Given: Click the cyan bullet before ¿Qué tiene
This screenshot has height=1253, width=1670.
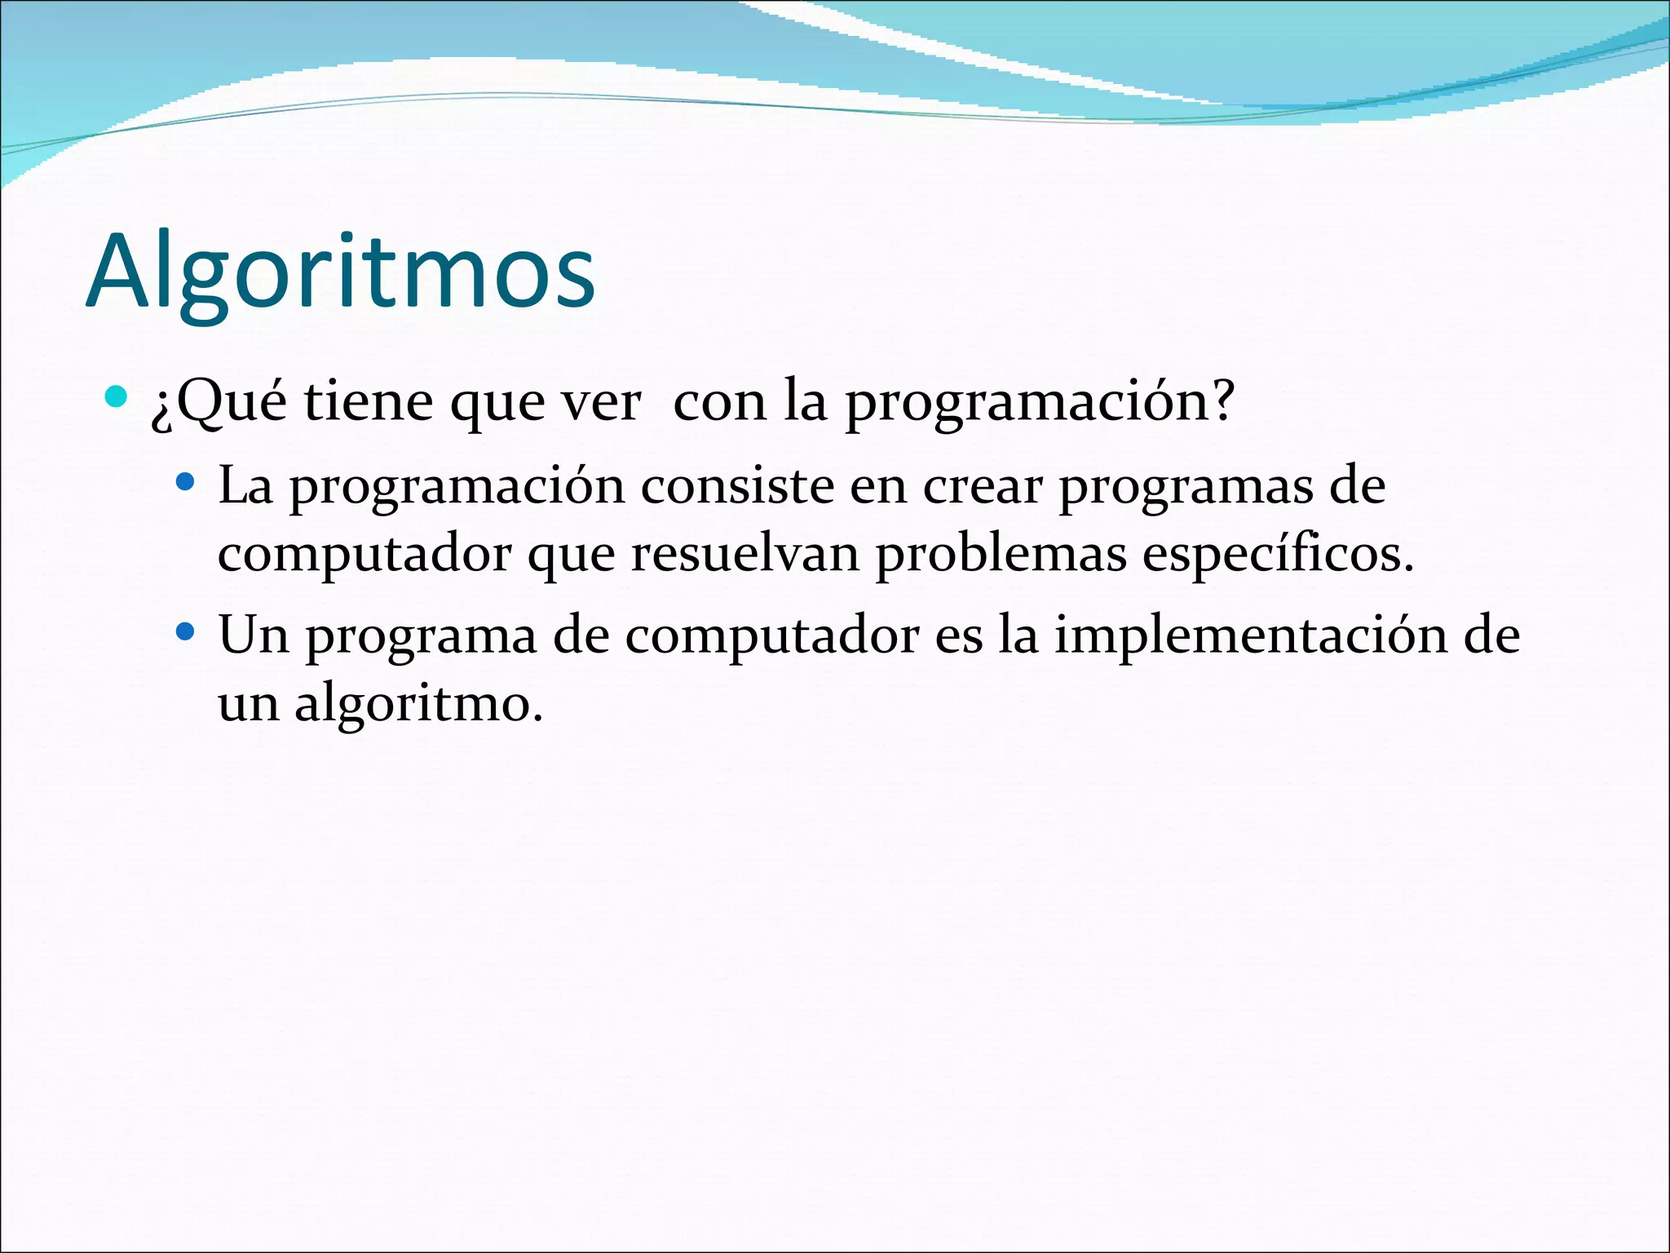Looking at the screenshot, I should point(117,397).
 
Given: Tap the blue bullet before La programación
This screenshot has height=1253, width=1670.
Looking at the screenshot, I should point(186,482).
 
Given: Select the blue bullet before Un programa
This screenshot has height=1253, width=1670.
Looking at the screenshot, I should point(186,631).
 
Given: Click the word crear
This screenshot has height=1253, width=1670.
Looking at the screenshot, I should point(983,486).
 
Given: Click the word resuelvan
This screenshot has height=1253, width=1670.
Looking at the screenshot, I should point(745,555).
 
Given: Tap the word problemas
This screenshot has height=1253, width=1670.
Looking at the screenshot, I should point(1001,555).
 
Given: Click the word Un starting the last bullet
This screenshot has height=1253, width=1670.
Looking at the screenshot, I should point(254,635).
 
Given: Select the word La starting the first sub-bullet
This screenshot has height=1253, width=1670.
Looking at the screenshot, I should point(245,486).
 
